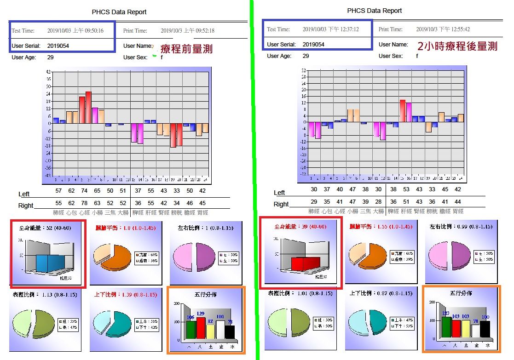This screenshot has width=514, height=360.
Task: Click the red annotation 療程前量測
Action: coord(186,49)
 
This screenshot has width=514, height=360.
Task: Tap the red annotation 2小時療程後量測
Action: coord(457,46)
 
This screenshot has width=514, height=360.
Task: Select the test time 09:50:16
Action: coord(75,31)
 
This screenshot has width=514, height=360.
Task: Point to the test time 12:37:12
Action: coord(330,29)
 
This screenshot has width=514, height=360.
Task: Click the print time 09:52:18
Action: coord(187,31)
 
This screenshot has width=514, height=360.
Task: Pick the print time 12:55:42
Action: coord(443,29)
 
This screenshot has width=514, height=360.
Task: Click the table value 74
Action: coord(84,190)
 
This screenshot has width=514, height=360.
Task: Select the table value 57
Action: coord(58,190)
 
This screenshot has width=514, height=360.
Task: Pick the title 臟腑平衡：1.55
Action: coord(380,227)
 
